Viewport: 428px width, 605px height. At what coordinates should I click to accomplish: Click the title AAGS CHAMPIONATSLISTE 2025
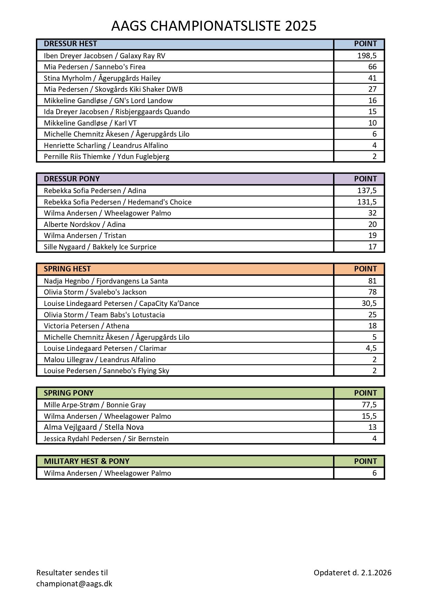click(x=214, y=26)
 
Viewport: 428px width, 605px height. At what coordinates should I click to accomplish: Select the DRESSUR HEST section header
click(x=70, y=44)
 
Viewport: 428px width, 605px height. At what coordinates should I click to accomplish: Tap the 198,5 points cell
click(x=367, y=56)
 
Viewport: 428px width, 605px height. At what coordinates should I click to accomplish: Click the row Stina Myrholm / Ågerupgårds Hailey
click(x=102, y=78)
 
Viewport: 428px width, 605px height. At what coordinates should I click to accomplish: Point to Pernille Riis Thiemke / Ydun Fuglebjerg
click(x=106, y=157)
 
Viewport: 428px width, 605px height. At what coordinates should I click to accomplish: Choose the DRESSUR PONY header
click(x=72, y=179)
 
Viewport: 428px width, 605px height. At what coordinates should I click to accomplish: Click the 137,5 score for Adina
click(x=367, y=191)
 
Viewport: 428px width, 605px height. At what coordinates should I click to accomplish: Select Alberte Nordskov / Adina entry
click(x=85, y=225)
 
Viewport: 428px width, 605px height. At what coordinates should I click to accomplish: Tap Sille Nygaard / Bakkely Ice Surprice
click(x=100, y=247)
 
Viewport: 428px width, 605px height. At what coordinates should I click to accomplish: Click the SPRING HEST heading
click(x=67, y=269)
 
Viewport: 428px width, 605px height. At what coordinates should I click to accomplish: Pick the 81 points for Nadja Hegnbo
click(x=372, y=281)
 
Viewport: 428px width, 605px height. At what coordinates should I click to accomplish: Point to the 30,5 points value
click(x=369, y=304)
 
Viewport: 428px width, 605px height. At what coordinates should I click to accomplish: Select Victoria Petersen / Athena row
click(x=87, y=326)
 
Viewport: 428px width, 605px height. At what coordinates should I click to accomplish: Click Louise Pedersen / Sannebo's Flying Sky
click(x=106, y=371)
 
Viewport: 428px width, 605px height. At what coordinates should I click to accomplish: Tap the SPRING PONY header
click(x=69, y=393)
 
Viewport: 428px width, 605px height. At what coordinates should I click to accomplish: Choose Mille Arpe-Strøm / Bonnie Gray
click(x=95, y=405)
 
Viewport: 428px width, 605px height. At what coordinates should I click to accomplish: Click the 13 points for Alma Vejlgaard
click(x=372, y=427)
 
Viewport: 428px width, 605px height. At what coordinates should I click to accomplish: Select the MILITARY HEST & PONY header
click(x=87, y=461)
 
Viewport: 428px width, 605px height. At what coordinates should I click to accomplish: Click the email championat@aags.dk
click(x=74, y=584)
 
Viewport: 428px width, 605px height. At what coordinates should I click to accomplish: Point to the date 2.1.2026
click(x=376, y=573)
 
